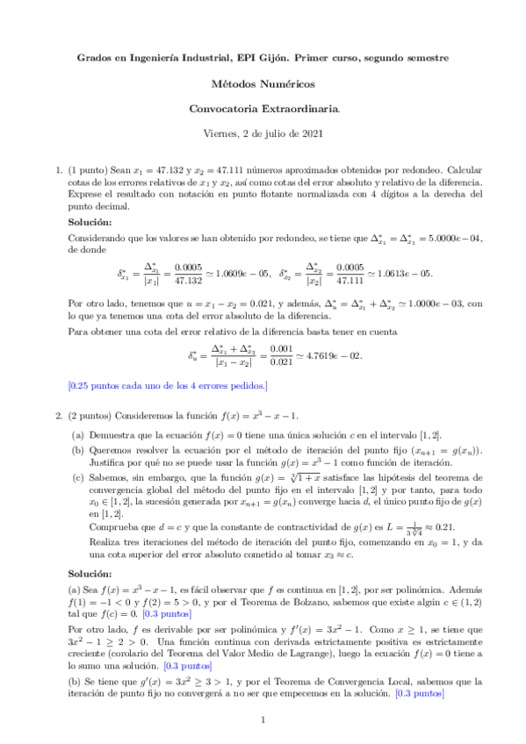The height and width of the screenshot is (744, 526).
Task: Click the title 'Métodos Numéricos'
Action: point(263,84)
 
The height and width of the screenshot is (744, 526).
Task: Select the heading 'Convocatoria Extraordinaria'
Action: point(263,109)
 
